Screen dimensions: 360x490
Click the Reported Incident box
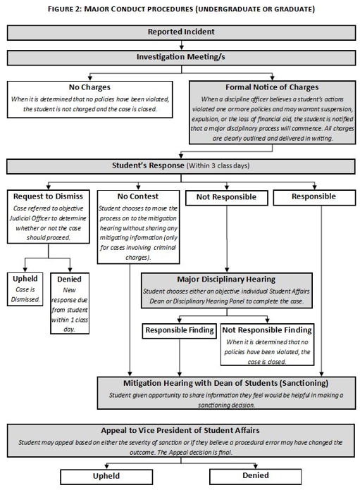(x=181, y=32)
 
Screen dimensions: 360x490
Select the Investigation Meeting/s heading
(x=181, y=57)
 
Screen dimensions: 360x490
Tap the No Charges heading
(x=89, y=87)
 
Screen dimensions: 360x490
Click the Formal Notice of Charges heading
(x=272, y=87)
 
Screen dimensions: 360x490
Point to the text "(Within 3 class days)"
(x=218, y=165)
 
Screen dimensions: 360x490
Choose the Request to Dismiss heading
(x=48, y=196)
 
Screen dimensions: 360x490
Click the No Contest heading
(x=138, y=196)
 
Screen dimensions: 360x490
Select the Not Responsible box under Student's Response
(x=226, y=198)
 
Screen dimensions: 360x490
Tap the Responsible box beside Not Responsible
(x=314, y=198)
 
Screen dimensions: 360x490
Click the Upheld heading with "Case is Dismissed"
(x=25, y=279)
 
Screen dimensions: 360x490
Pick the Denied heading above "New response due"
(x=69, y=279)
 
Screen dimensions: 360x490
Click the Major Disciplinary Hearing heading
(x=226, y=279)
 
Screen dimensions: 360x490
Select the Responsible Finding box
(x=180, y=331)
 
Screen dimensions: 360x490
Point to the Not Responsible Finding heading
(x=267, y=330)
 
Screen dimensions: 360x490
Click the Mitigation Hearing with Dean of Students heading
(x=226, y=383)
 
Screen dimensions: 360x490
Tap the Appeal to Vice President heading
(x=180, y=430)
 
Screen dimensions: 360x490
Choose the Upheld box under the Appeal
(x=106, y=477)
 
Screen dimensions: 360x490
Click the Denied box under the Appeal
(x=256, y=477)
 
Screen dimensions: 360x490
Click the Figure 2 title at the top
(x=181, y=9)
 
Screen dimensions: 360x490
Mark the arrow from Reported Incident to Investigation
(x=181, y=45)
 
